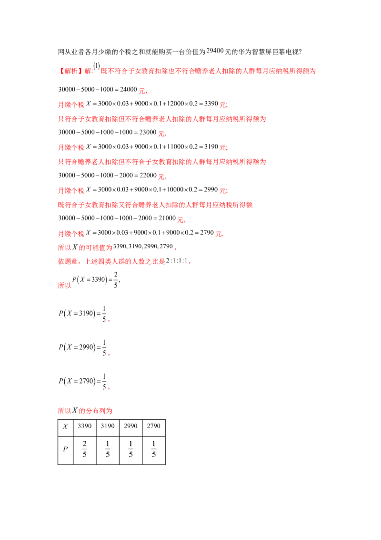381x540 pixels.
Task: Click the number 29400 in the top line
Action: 215,51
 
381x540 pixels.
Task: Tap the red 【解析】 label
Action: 70,71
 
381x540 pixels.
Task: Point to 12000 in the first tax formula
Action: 176,104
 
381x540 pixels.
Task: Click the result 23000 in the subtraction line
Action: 148,132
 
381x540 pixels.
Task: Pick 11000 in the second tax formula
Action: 176,147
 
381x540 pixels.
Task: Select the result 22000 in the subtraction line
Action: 148,175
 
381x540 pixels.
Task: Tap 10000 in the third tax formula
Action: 175,189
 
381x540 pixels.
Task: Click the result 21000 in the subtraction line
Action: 167,218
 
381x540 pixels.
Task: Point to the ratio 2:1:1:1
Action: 177,261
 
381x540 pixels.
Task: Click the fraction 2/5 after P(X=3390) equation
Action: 116,280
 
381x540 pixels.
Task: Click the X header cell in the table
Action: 65,428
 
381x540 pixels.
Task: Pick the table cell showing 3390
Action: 85,428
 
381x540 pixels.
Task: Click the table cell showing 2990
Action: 130,428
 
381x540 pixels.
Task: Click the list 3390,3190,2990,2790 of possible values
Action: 143,246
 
